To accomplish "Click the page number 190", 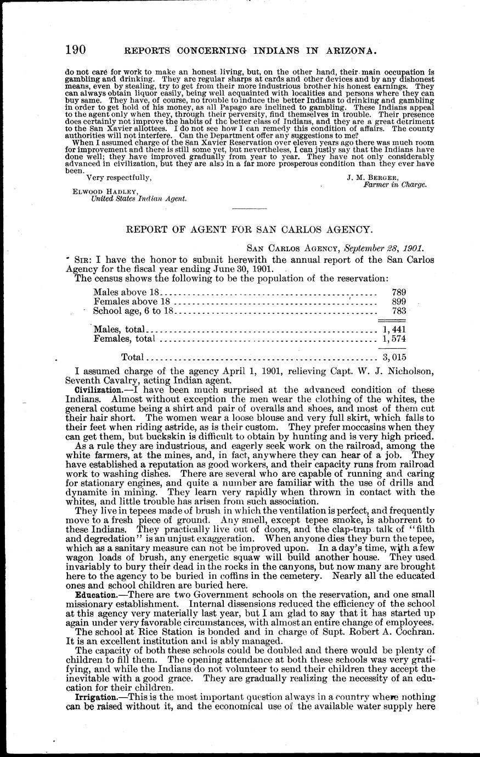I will click(75, 50).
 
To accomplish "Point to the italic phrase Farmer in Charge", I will click(395, 185).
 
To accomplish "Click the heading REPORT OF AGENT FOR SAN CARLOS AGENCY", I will click(250, 230).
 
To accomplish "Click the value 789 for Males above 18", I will click(399, 292).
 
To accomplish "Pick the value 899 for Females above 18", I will click(399, 302).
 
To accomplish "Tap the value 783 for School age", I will click(399, 311).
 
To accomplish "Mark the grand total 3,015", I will click(394, 357).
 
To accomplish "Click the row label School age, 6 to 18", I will click(133, 311).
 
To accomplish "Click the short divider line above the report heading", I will click(250, 209).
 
